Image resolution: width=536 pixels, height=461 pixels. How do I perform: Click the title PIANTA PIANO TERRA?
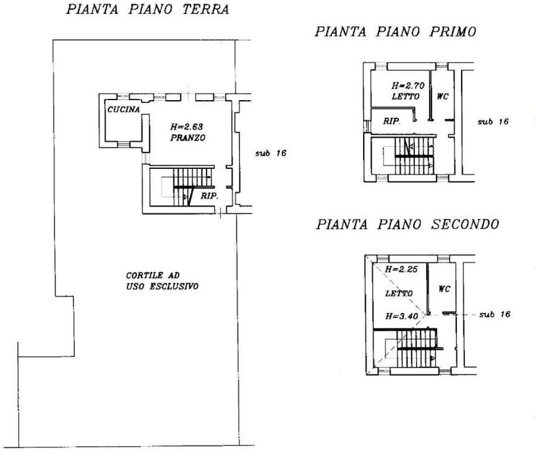click(147, 9)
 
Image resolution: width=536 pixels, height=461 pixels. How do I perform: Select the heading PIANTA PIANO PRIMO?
click(395, 32)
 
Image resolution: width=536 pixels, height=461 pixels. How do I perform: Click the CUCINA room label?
click(124, 109)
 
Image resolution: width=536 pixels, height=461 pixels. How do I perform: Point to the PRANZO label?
click(188, 138)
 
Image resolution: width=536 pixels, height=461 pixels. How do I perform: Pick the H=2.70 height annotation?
click(406, 86)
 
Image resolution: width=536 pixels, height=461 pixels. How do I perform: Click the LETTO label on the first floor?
click(406, 96)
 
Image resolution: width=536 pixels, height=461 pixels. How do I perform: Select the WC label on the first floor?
click(443, 96)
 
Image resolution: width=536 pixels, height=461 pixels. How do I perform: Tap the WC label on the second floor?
click(445, 288)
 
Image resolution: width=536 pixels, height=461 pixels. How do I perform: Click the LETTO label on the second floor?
click(399, 294)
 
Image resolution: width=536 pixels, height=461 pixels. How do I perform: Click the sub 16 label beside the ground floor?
click(271, 154)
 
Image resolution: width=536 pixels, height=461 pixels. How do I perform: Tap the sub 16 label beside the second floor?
click(494, 314)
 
